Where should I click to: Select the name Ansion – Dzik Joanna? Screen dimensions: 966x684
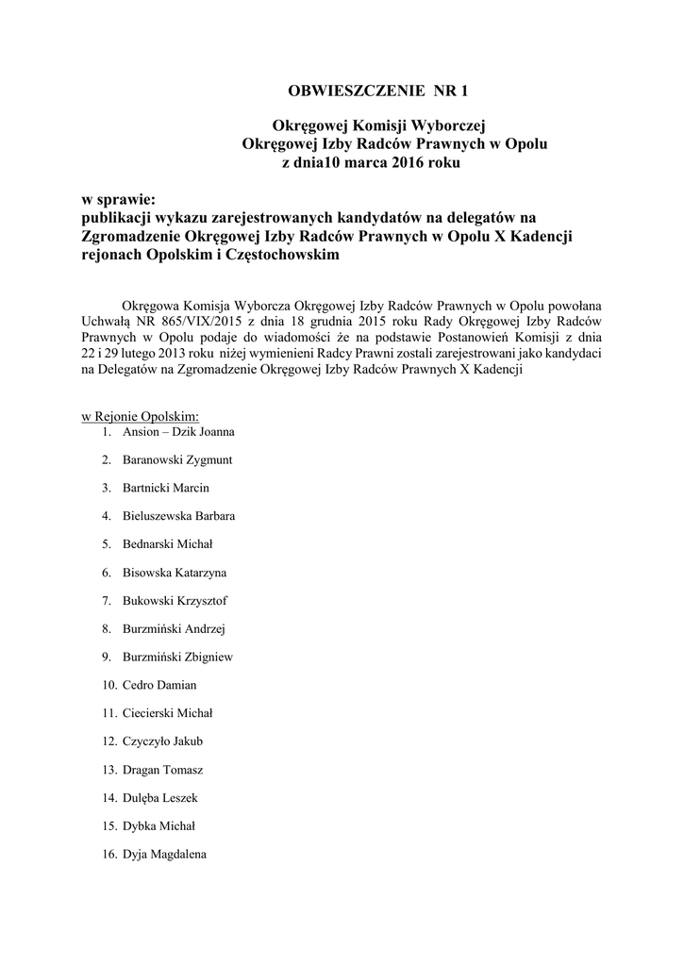(x=178, y=432)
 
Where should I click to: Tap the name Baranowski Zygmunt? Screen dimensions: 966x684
(x=177, y=460)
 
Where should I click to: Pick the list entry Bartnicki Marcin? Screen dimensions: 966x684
(x=166, y=488)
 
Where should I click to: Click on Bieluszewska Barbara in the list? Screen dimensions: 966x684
(x=179, y=516)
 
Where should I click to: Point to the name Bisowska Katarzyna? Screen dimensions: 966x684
(x=175, y=573)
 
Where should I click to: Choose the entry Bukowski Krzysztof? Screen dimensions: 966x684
(x=175, y=601)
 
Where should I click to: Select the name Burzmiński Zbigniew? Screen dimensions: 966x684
(x=178, y=657)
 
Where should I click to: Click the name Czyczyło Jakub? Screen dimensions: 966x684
(x=162, y=741)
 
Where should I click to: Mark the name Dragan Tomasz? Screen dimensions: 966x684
(x=162, y=770)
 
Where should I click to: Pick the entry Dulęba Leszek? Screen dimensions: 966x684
(x=160, y=797)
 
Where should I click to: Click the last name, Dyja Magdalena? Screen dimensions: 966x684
(x=164, y=854)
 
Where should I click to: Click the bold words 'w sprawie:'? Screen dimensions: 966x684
(x=118, y=199)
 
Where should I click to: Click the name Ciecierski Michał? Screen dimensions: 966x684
(x=168, y=713)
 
